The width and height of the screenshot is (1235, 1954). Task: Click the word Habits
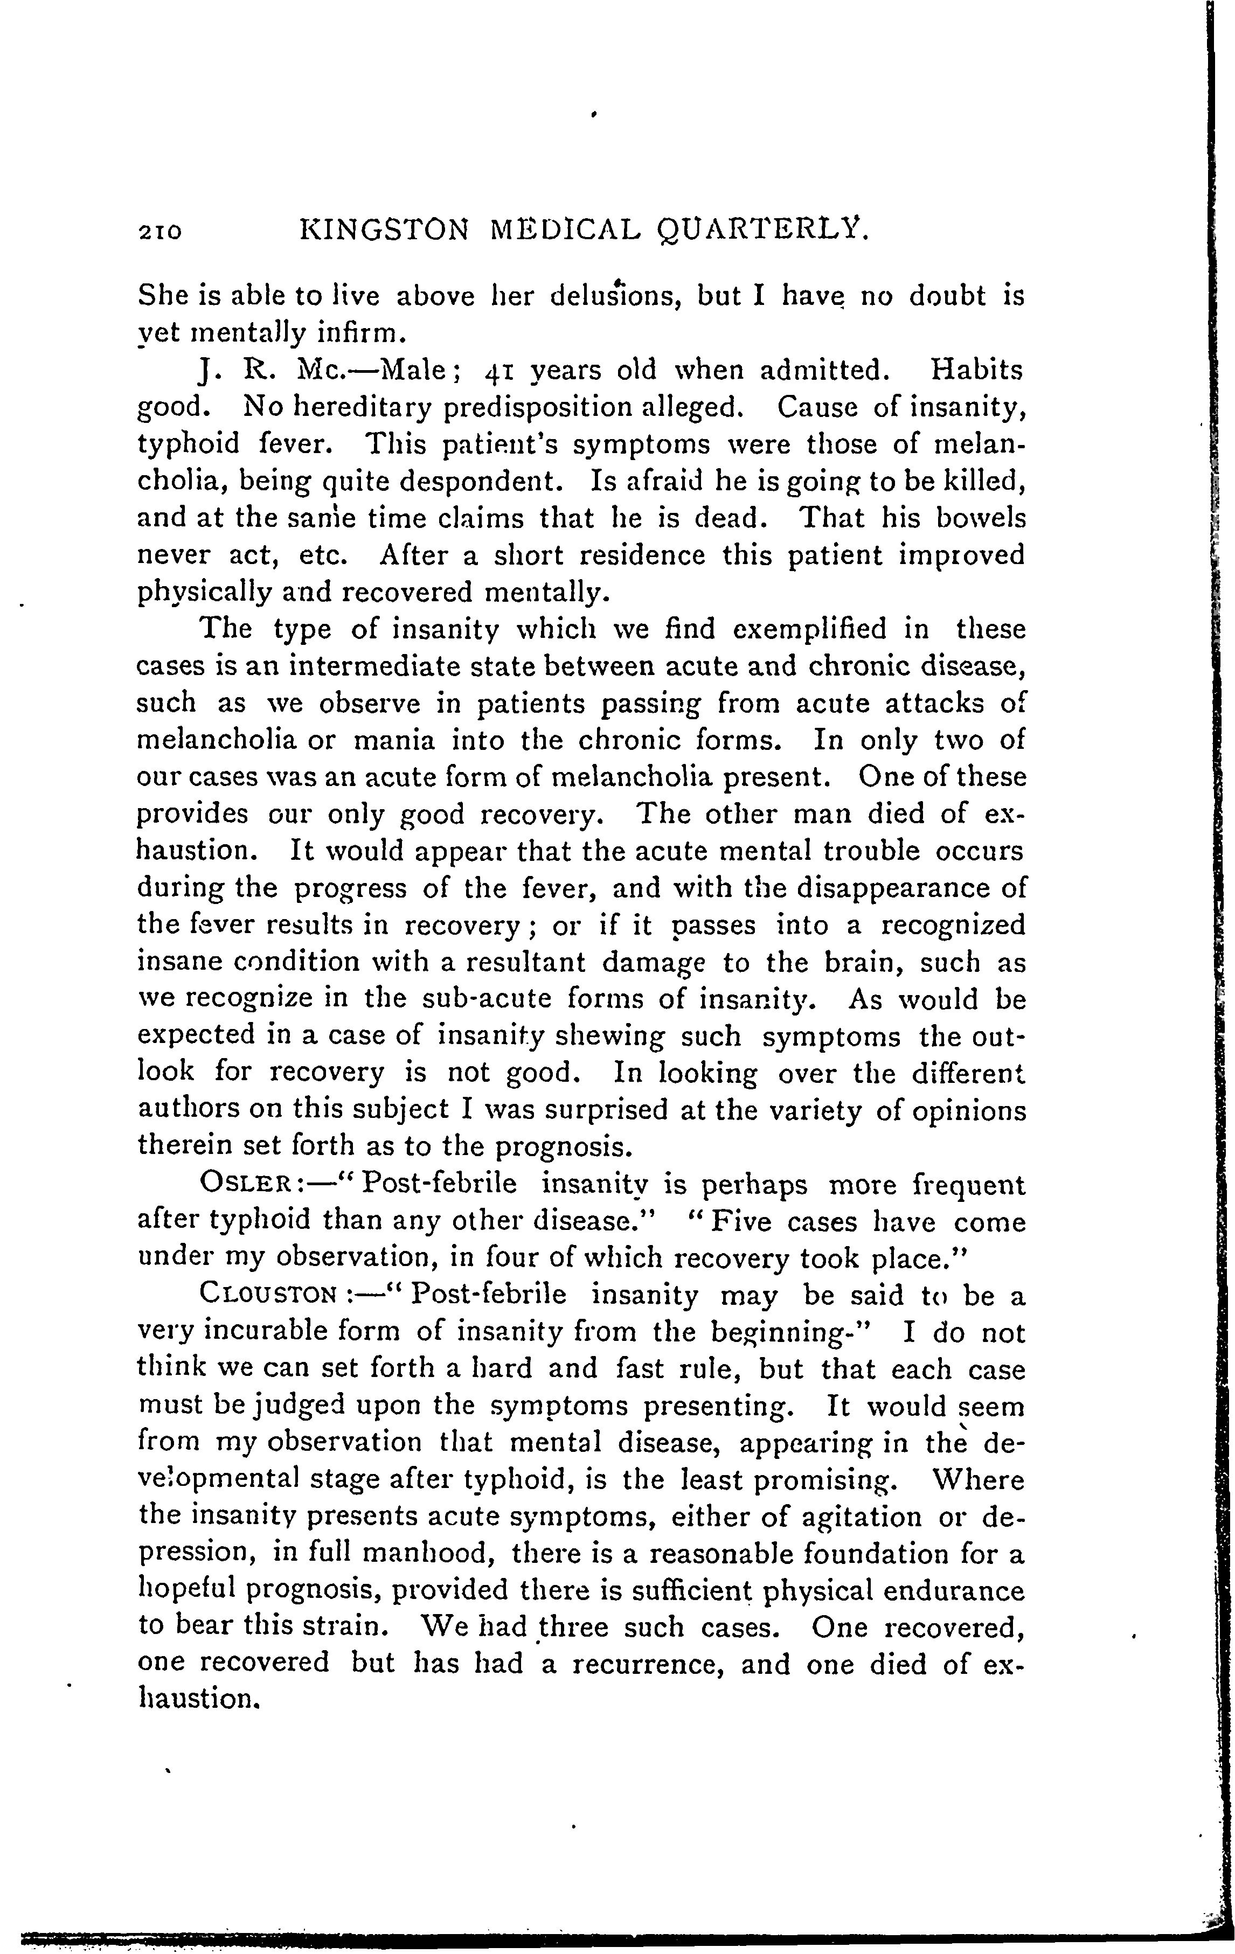click(976, 370)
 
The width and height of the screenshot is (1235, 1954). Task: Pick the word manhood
click(430, 1554)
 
